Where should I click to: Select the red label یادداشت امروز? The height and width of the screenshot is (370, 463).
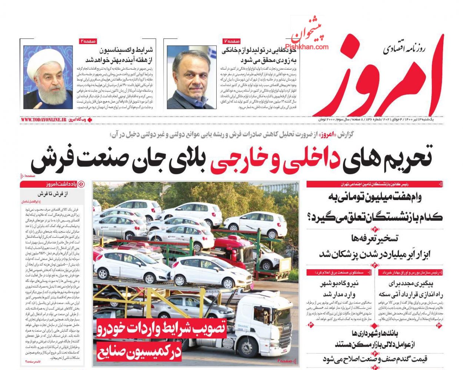(x=61, y=184)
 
